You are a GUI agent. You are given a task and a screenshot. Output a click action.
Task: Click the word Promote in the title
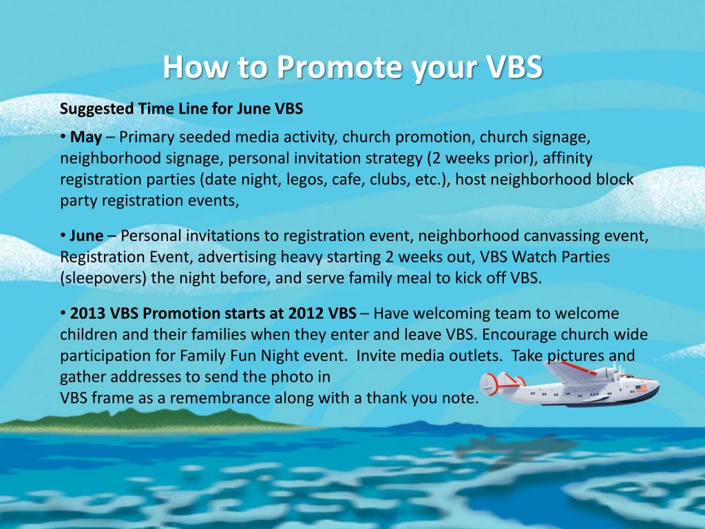(x=339, y=68)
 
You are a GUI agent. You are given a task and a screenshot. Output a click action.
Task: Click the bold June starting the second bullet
(x=87, y=236)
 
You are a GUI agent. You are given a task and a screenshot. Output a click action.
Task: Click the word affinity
(x=568, y=158)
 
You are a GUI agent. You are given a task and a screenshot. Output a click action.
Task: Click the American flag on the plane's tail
(x=641, y=388)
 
